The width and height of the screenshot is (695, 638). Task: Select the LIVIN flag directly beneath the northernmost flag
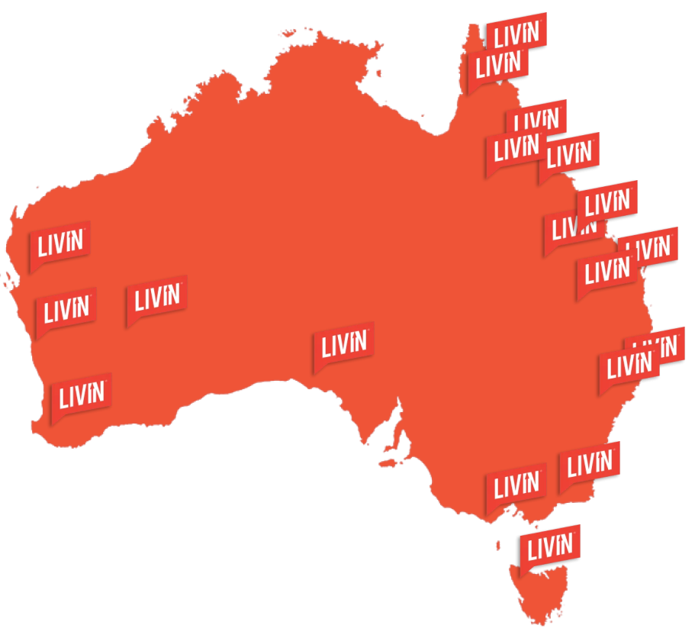click(x=497, y=65)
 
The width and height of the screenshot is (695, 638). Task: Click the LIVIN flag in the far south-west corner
click(x=81, y=395)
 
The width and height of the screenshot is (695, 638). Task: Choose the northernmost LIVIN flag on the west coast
click(x=60, y=243)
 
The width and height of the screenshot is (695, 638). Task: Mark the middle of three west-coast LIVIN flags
click(x=66, y=309)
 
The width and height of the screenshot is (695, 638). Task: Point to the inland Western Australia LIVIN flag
click(x=156, y=298)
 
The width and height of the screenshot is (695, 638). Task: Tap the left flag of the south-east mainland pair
click(x=516, y=484)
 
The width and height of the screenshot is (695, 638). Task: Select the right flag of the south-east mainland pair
click(x=589, y=462)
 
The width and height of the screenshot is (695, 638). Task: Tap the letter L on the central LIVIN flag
click(x=326, y=347)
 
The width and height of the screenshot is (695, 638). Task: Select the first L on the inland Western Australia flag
click(x=140, y=301)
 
